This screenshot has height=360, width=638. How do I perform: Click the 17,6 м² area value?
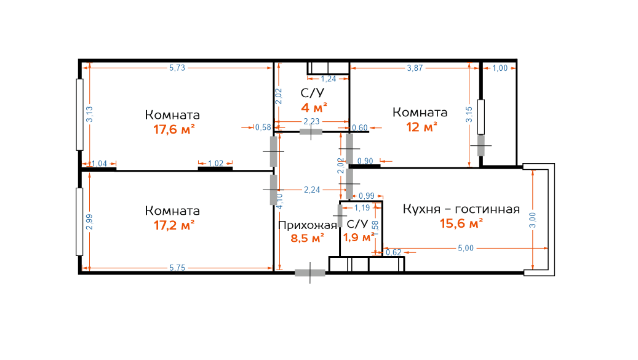coord(173,129)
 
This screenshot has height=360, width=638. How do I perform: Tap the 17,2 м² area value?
coord(173,225)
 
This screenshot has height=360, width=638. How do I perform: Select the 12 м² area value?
coord(421,127)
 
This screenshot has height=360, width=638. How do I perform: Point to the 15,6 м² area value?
coord(461,223)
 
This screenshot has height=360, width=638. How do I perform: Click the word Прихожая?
coord(308,225)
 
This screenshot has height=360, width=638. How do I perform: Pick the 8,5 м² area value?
coord(307,238)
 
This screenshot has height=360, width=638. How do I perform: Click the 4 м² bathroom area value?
coord(314,108)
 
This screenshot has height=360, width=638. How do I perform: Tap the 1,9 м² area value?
coord(359,238)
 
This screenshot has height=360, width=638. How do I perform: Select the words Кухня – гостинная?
coord(461,209)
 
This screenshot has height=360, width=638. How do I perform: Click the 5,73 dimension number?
coord(177,68)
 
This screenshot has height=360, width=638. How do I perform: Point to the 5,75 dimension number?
coord(177,268)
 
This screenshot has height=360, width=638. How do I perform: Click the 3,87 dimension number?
coord(415,68)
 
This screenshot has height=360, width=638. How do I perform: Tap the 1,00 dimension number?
coord(500,68)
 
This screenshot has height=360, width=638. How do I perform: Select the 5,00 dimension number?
coord(466,248)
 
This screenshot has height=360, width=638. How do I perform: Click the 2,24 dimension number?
coord(312,190)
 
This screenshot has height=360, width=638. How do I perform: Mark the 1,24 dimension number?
coord(329,79)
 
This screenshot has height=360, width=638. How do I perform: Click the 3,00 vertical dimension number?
coord(533,220)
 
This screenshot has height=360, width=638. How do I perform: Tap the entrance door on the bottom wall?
coord(310,273)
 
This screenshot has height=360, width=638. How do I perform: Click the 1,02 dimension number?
coord(216,163)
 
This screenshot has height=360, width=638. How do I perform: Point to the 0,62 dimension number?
coord(394,252)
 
